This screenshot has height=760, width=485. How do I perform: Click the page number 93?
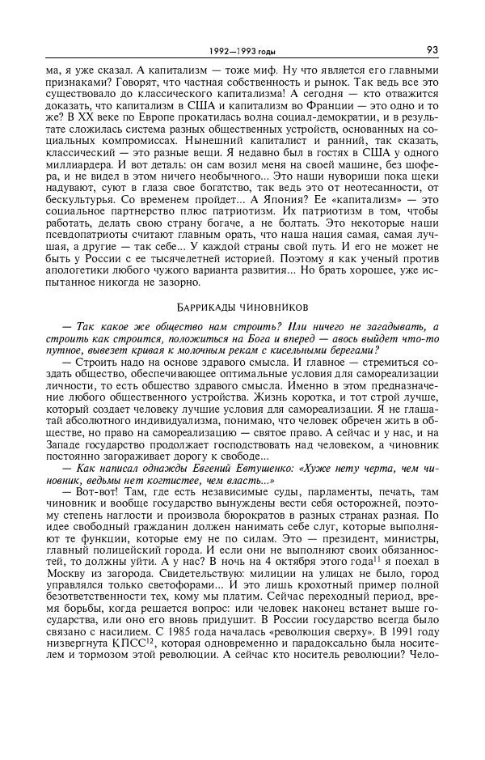(x=432, y=49)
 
